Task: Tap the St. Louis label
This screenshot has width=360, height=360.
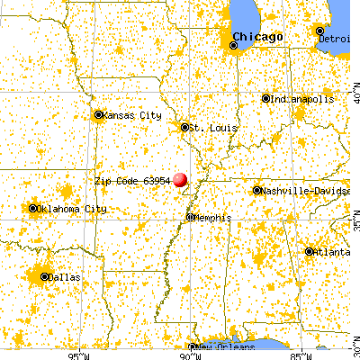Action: click(207, 128)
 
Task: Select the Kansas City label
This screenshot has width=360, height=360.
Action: click(132, 115)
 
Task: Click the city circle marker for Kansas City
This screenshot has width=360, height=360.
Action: click(99, 114)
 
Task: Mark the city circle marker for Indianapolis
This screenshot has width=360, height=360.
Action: click(265, 98)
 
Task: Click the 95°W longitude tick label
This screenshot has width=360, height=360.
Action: click(79, 355)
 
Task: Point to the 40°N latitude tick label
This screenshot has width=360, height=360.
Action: click(354, 91)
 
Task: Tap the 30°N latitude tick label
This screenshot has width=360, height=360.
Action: click(354, 343)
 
